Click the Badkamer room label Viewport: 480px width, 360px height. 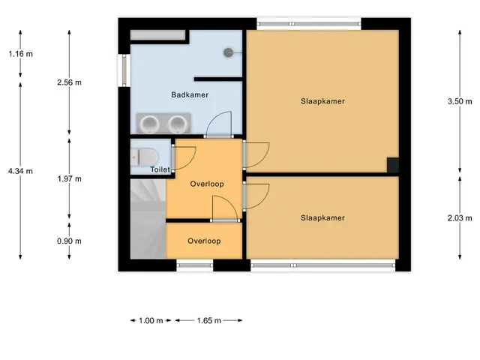pyautogui.click(x=190, y=95)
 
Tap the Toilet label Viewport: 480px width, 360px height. pyautogui.click(x=160, y=169)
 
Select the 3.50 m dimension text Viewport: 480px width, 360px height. pyautogui.click(x=460, y=102)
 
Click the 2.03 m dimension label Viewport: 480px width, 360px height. pyautogui.click(x=460, y=218)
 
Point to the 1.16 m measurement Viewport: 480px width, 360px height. pyautogui.click(x=20, y=54)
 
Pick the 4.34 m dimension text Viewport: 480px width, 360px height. pyautogui.click(x=20, y=171)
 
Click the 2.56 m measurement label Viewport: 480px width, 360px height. pyautogui.click(x=70, y=82)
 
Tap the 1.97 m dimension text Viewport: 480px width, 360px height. pyautogui.click(x=70, y=178)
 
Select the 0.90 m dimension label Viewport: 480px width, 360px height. pyautogui.click(x=70, y=241)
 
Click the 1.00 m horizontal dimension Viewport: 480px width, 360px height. pyautogui.click(x=151, y=320)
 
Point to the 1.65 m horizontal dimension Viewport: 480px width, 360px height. pyautogui.click(x=209, y=320)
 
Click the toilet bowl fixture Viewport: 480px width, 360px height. pyautogui.click(x=144, y=157)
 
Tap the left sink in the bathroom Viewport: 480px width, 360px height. pyautogui.click(x=150, y=124)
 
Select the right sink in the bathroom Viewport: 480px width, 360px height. pyautogui.click(x=178, y=124)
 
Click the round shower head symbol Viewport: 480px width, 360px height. pyautogui.click(x=228, y=52)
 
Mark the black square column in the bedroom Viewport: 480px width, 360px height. pyautogui.click(x=393, y=165)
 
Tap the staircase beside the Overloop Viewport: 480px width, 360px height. pyautogui.click(x=148, y=218)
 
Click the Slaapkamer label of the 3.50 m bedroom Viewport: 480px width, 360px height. pyautogui.click(x=322, y=101)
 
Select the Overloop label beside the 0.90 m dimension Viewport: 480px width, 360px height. pyautogui.click(x=204, y=241)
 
